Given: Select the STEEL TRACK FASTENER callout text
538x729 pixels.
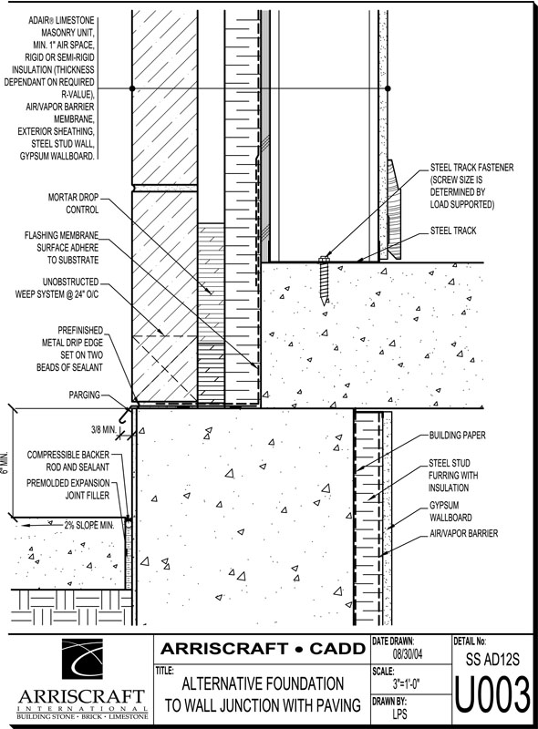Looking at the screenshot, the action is pyautogui.click(x=471, y=186).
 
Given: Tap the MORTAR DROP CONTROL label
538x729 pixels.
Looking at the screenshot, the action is pyautogui.click(x=74, y=203).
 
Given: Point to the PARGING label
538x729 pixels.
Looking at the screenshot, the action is pyautogui.click(x=84, y=395).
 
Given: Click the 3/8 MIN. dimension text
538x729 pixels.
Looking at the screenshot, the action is pyautogui.click(x=103, y=430).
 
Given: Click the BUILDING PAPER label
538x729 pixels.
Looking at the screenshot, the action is pyautogui.click(x=457, y=436).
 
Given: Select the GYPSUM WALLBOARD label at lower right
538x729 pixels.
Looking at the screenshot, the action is pyautogui.click(x=444, y=511).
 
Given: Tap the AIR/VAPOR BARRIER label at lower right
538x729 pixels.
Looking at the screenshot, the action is pyautogui.click(x=463, y=533).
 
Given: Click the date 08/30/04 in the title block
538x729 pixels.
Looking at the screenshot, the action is pyautogui.click(x=408, y=654).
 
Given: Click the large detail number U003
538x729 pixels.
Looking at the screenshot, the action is pyautogui.click(x=491, y=695).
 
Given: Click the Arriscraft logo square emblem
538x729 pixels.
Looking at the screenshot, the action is pyautogui.click(x=82, y=659).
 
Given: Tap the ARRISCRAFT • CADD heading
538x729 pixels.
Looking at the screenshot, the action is pyautogui.click(x=263, y=649).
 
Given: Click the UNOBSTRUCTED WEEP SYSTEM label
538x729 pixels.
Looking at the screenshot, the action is pyautogui.click(x=57, y=288).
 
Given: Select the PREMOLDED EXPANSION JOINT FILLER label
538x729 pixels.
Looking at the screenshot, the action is pyautogui.click(x=68, y=489).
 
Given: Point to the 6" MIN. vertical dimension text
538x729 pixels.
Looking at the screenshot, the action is pyautogui.click(x=5, y=462).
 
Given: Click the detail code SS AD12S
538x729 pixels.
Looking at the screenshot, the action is pyautogui.click(x=492, y=660).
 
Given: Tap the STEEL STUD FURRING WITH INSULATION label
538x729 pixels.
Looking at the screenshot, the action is pyautogui.click(x=453, y=475).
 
